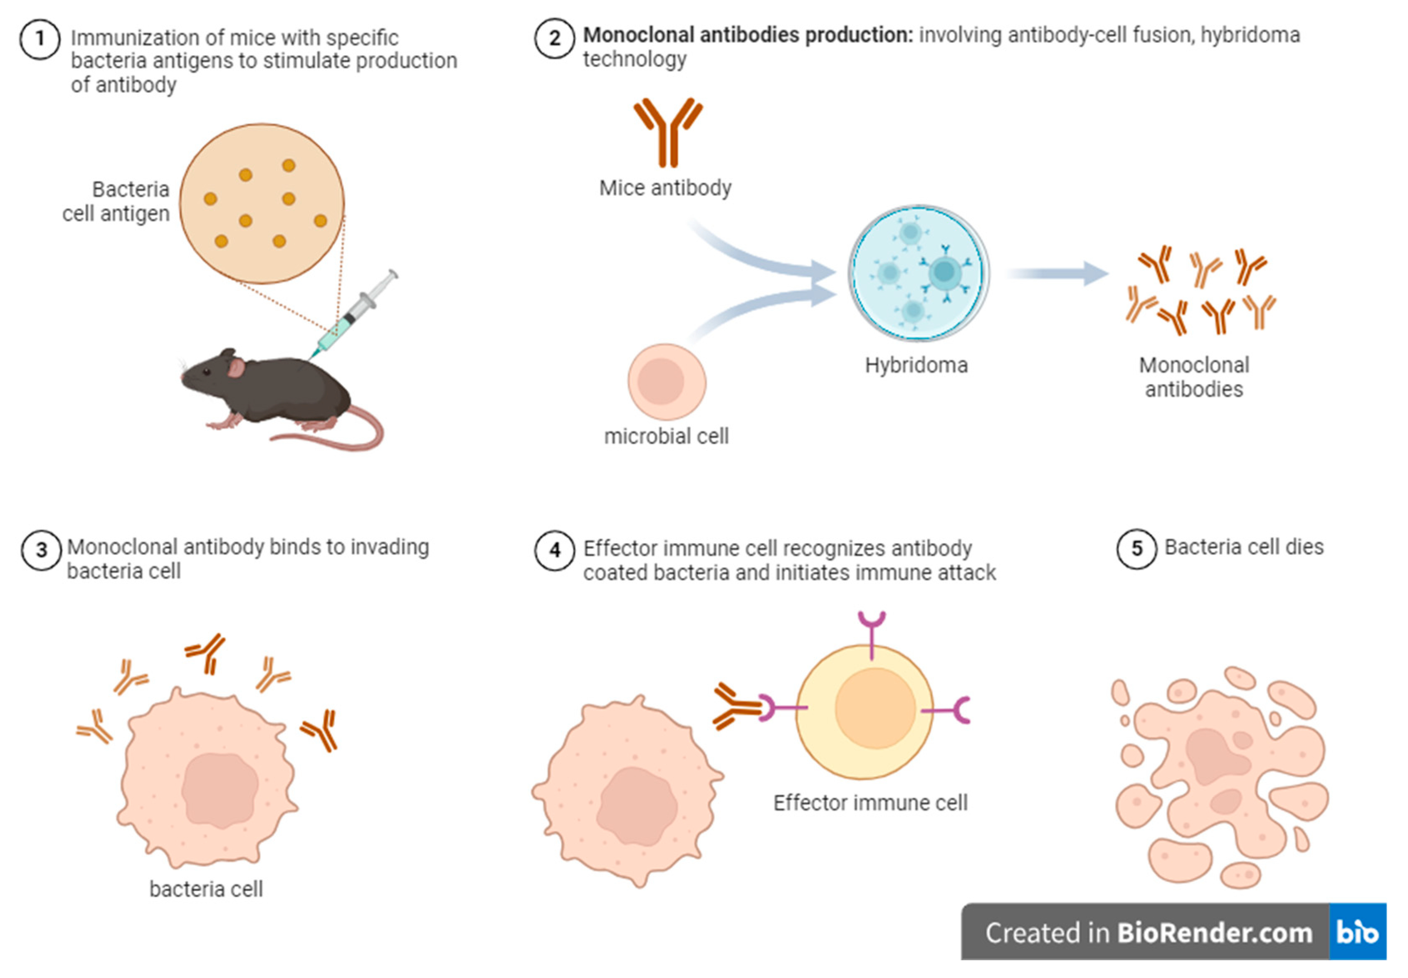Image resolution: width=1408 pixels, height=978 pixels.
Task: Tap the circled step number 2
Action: click(x=554, y=38)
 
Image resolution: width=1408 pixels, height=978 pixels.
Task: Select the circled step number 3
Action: click(x=41, y=550)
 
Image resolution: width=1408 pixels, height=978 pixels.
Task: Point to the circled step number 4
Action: click(x=554, y=550)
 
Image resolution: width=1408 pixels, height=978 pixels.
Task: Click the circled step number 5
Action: click(x=1136, y=548)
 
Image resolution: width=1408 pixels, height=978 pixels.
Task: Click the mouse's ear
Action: click(x=236, y=367)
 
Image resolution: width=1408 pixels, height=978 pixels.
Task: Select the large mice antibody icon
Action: click(x=668, y=132)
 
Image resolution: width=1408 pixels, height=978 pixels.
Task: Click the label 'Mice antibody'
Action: click(x=665, y=188)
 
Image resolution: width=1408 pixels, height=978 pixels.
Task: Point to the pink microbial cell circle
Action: click(x=667, y=381)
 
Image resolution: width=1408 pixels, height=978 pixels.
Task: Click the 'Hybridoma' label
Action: click(x=916, y=365)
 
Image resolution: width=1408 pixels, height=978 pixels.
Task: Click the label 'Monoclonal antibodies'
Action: click(x=1193, y=377)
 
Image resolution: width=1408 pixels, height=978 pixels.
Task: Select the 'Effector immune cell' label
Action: click(x=870, y=803)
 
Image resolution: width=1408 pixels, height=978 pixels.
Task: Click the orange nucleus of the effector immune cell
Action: click(x=874, y=708)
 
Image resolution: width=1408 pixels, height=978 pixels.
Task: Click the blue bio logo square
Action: click(x=1357, y=932)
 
